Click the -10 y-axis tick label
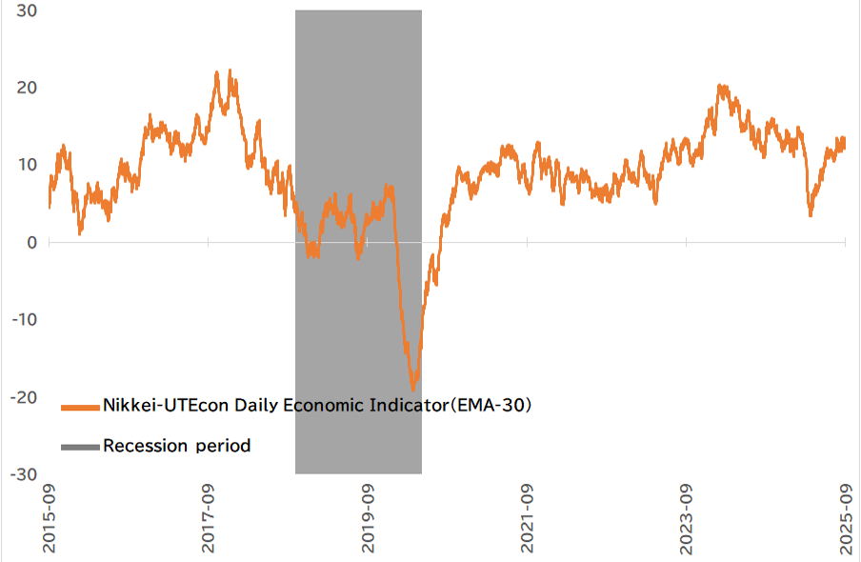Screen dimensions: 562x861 point(17,320)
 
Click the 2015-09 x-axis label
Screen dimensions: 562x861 point(50,519)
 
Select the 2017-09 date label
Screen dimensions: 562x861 point(209,519)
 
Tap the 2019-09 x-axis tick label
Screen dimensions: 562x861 point(369,519)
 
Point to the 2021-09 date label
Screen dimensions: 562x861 point(528,519)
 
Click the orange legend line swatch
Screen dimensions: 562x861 point(80,407)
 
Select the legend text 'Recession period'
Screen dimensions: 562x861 point(176,446)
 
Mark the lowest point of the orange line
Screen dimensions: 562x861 point(412,390)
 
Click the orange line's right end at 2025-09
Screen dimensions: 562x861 point(845,144)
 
